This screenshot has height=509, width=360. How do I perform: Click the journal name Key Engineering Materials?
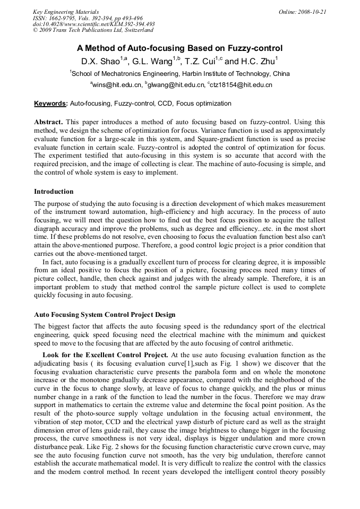tap(65, 12)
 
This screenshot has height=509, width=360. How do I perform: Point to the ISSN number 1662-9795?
tap(62, 18)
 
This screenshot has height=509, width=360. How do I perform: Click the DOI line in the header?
tap(93, 24)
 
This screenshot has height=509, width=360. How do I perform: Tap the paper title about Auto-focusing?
tap(180, 48)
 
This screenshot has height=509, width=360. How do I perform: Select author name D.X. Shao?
tap(100, 61)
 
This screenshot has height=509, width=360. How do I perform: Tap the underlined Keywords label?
tap(50, 103)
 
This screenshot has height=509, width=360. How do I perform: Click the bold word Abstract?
tap(48, 122)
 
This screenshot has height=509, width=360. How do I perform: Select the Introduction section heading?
tap(54, 192)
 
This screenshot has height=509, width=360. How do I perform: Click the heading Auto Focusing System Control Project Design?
tap(105, 315)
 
